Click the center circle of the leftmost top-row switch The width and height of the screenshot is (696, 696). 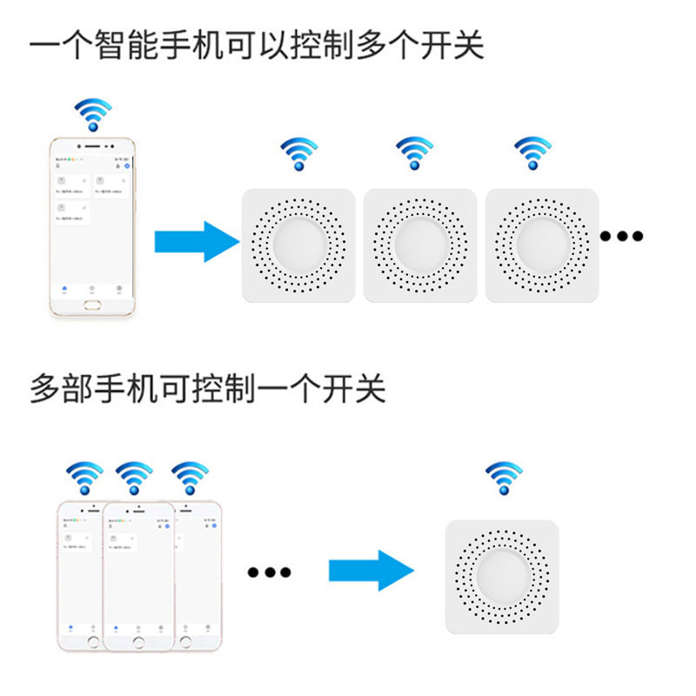click(x=298, y=244)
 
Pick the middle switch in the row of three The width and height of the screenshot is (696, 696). click(x=420, y=245)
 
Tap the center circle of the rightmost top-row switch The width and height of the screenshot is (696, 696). click(x=542, y=244)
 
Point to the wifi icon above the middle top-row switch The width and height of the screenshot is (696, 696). click(x=415, y=153)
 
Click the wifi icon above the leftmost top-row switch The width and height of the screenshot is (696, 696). click(x=298, y=153)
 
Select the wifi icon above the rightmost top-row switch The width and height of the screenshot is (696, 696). click(x=532, y=153)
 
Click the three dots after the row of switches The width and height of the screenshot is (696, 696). click(x=622, y=236)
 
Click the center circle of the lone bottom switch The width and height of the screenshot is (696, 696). click(x=502, y=577)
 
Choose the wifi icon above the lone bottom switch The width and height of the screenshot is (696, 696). click(x=504, y=478)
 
